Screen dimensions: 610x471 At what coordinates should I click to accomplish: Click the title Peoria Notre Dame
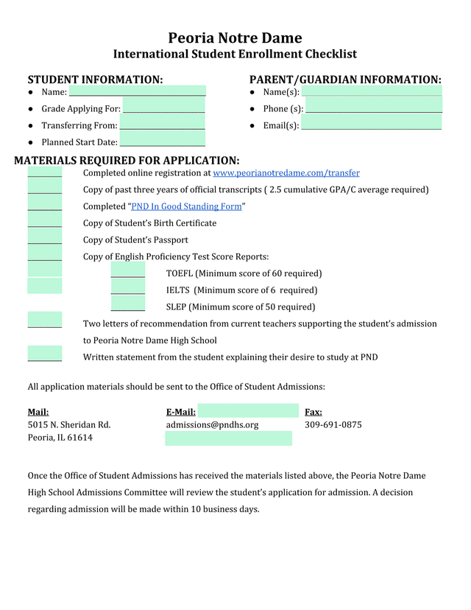click(x=235, y=38)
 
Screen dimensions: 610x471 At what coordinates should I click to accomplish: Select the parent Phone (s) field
click(x=374, y=108)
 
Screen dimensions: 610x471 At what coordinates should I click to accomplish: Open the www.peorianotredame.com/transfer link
click(x=286, y=173)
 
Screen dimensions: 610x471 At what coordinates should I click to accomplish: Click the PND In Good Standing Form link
click(x=186, y=206)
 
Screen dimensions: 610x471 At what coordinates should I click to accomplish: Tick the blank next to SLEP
click(x=127, y=306)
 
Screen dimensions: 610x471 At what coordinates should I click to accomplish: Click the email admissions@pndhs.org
click(x=213, y=425)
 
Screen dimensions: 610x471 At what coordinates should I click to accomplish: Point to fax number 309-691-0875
click(x=333, y=425)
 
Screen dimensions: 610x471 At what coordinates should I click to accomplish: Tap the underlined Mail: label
click(x=38, y=413)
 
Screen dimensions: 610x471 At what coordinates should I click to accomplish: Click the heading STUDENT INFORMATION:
click(x=95, y=80)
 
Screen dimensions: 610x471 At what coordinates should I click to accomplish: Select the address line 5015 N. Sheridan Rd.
click(x=69, y=425)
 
